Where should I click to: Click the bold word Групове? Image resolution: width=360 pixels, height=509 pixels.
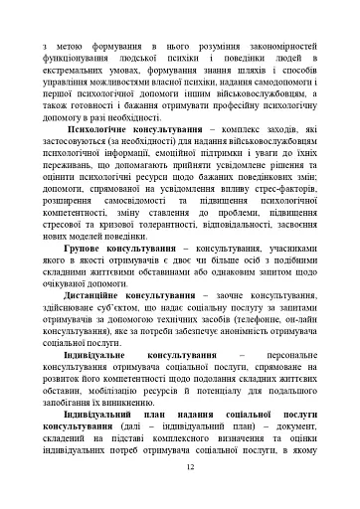click(x=90, y=292)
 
